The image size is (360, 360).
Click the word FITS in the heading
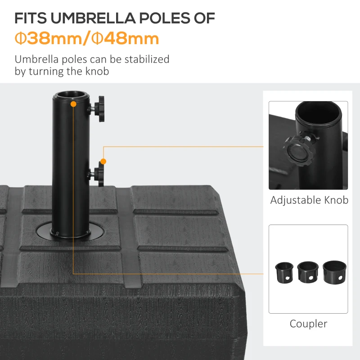coord(31,18)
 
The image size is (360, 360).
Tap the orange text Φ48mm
coord(125,38)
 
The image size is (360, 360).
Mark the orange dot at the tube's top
coord(73,104)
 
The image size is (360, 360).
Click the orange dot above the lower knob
coord(103,161)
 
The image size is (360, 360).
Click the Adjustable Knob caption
coord(309,200)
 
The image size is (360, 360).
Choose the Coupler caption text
coord(308,324)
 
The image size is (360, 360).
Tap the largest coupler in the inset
coord(333,271)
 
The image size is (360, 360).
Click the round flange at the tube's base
coord(70,232)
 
